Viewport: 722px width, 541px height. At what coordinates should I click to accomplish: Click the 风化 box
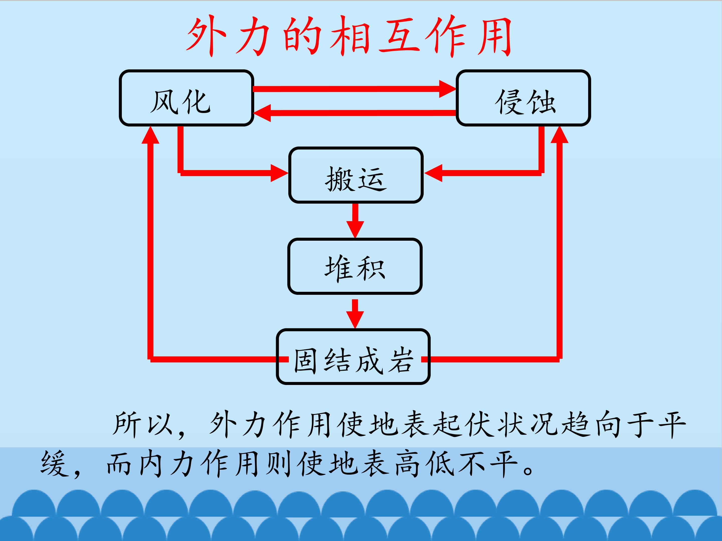(186, 98)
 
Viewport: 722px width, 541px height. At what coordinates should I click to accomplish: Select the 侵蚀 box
(523, 98)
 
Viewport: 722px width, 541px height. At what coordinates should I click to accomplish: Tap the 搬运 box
(356, 175)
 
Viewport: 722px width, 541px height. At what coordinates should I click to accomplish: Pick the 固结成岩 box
(353, 356)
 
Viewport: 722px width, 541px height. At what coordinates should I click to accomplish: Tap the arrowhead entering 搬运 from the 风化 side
(279, 173)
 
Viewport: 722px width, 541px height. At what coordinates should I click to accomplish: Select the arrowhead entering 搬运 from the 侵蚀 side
(433, 173)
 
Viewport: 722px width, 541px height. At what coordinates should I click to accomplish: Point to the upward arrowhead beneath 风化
(150, 135)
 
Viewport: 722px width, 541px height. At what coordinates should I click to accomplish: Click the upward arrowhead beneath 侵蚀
(560, 135)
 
